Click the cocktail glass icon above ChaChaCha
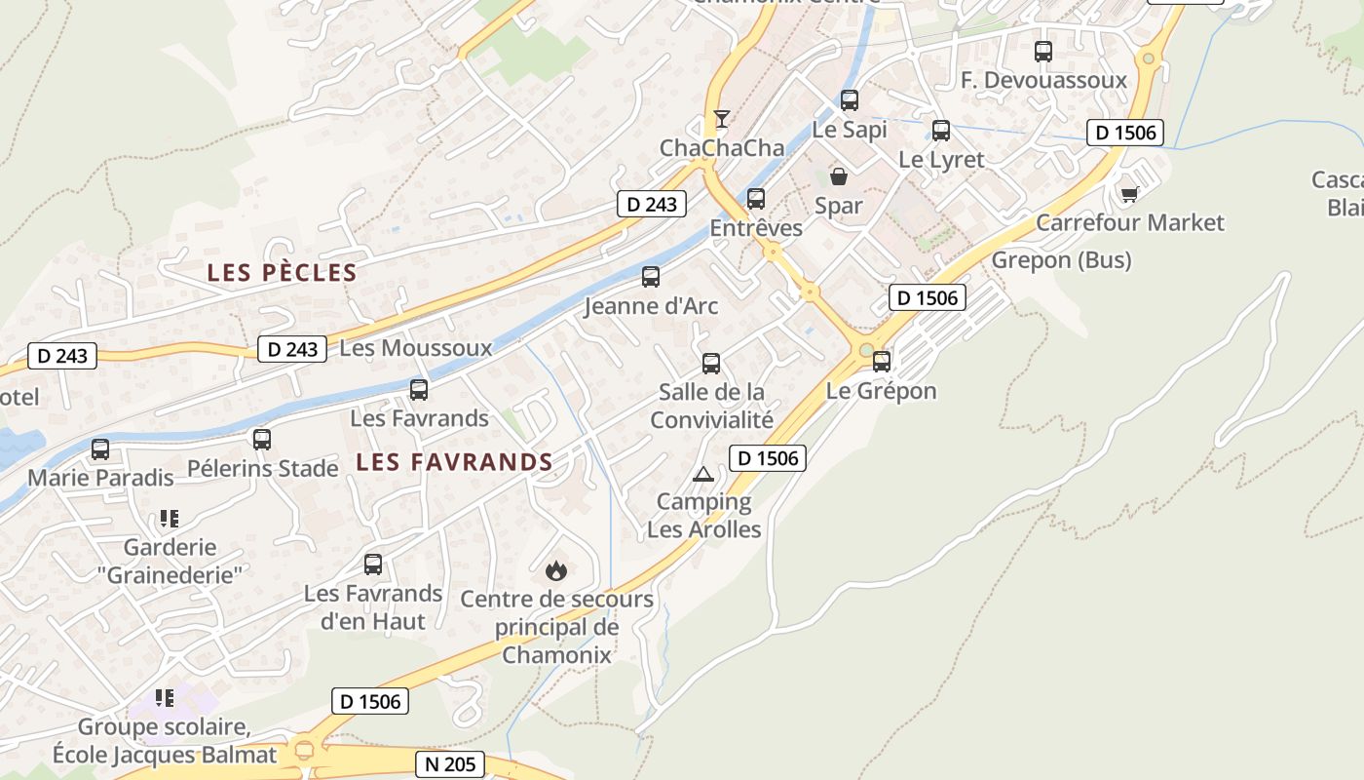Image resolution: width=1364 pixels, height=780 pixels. [721, 119]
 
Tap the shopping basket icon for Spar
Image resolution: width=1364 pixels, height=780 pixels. [838, 176]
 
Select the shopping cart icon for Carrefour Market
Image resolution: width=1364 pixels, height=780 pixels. [1129, 194]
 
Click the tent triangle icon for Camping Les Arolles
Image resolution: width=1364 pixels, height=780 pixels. [702, 475]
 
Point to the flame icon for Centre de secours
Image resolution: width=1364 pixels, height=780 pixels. [556, 570]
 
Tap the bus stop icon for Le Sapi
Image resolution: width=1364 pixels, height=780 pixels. [850, 100]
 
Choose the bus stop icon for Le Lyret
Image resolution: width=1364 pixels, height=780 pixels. [941, 131]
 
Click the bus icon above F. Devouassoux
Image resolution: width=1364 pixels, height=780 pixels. [1043, 52]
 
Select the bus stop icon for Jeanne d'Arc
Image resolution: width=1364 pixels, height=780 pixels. [651, 277]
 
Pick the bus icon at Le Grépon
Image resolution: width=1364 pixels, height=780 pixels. [882, 362]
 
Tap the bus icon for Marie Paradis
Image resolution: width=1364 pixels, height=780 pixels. [100, 449]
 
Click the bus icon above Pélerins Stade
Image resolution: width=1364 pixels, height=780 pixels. [262, 440]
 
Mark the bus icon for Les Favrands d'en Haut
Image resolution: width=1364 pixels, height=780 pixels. [373, 565]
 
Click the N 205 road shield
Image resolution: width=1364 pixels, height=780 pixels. [451, 764]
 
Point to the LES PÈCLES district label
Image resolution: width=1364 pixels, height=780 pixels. [282, 273]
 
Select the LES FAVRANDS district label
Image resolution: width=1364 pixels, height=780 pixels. [454, 462]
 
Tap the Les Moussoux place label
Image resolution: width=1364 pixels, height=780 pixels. [416, 348]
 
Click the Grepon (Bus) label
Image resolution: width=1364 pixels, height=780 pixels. [1061, 260]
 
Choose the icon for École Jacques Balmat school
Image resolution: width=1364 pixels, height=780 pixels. [165, 698]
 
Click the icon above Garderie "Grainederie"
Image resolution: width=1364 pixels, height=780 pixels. [170, 519]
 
